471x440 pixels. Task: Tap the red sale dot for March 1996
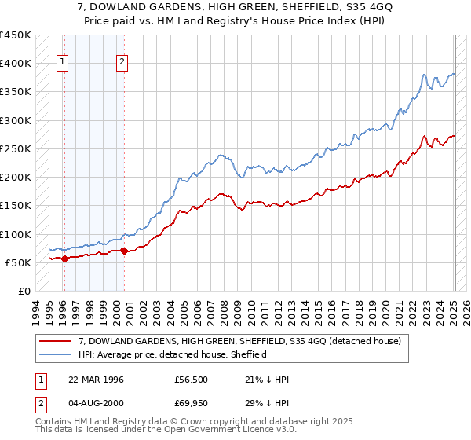tap(64, 258)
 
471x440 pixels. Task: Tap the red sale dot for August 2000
tap(124, 251)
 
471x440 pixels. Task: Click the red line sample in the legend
tap(55, 341)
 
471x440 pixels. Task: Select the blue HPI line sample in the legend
tap(55, 354)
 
